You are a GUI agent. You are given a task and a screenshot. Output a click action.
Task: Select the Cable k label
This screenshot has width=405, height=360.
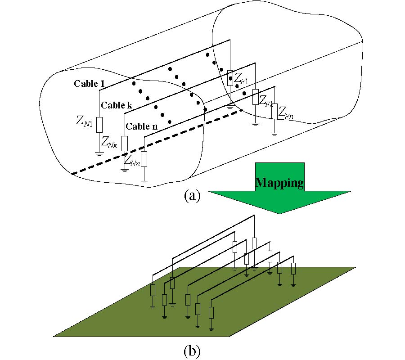coord(117,105)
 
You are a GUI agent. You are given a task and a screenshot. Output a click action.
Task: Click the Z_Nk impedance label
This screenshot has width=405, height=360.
coord(109,142)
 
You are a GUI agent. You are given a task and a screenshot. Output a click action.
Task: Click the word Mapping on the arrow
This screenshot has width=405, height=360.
coord(279,182)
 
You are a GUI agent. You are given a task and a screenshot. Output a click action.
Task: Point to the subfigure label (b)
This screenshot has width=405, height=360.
coord(191,350)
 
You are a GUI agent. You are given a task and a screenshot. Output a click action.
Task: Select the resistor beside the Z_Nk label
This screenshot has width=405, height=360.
coord(125,143)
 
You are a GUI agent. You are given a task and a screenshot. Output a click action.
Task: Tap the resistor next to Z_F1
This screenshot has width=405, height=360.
coord(230,78)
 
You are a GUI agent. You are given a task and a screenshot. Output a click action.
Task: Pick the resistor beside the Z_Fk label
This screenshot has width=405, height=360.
coord(255,97)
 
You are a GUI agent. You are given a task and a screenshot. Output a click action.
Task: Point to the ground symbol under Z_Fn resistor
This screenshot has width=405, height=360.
coord(274,133)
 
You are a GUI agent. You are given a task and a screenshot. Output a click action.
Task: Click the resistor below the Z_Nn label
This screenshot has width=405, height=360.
coord(144,159)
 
